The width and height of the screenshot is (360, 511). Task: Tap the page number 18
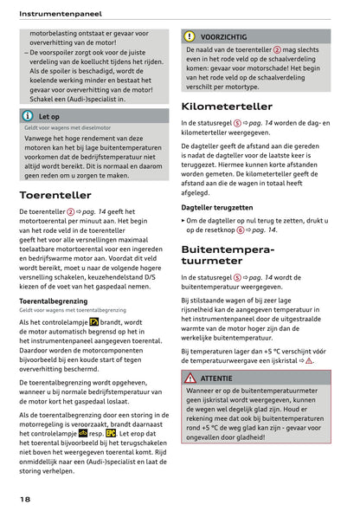coord(27,500)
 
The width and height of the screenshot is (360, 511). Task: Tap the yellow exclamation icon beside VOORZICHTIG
coord(189,36)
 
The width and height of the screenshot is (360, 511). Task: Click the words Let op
coord(49,116)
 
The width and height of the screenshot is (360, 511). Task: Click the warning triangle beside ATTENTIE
coord(190,378)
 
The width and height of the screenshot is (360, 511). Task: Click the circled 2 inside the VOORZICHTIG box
coord(276,49)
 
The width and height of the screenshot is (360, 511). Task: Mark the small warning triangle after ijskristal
coord(309,360)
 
